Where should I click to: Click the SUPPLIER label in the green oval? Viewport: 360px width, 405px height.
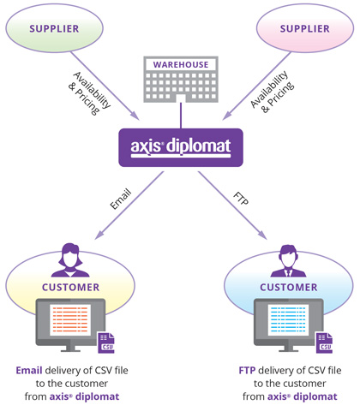54,29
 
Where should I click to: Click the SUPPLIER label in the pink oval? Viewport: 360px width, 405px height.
304,29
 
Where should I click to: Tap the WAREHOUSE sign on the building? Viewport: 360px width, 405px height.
181,64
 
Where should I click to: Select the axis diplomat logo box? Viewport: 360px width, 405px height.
181,147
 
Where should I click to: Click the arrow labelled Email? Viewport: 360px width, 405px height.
129,205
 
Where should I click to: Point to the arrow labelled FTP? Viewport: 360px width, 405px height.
232,205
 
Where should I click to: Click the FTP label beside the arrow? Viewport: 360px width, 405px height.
241,199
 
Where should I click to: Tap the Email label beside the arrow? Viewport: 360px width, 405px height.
121,199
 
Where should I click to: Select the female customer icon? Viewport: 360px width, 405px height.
70,260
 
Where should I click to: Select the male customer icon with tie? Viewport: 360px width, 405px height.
288,261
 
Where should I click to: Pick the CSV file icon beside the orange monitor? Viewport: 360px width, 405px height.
106,342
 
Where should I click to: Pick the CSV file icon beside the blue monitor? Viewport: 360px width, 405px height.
324,342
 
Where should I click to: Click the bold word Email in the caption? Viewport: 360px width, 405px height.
29,370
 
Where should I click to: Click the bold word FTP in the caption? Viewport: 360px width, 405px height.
247,370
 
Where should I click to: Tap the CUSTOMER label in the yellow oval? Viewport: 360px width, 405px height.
70,287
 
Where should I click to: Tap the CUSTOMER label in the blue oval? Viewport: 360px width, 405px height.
289,287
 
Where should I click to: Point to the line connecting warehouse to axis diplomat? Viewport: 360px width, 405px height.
181,116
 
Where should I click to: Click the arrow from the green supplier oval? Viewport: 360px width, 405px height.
105,86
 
